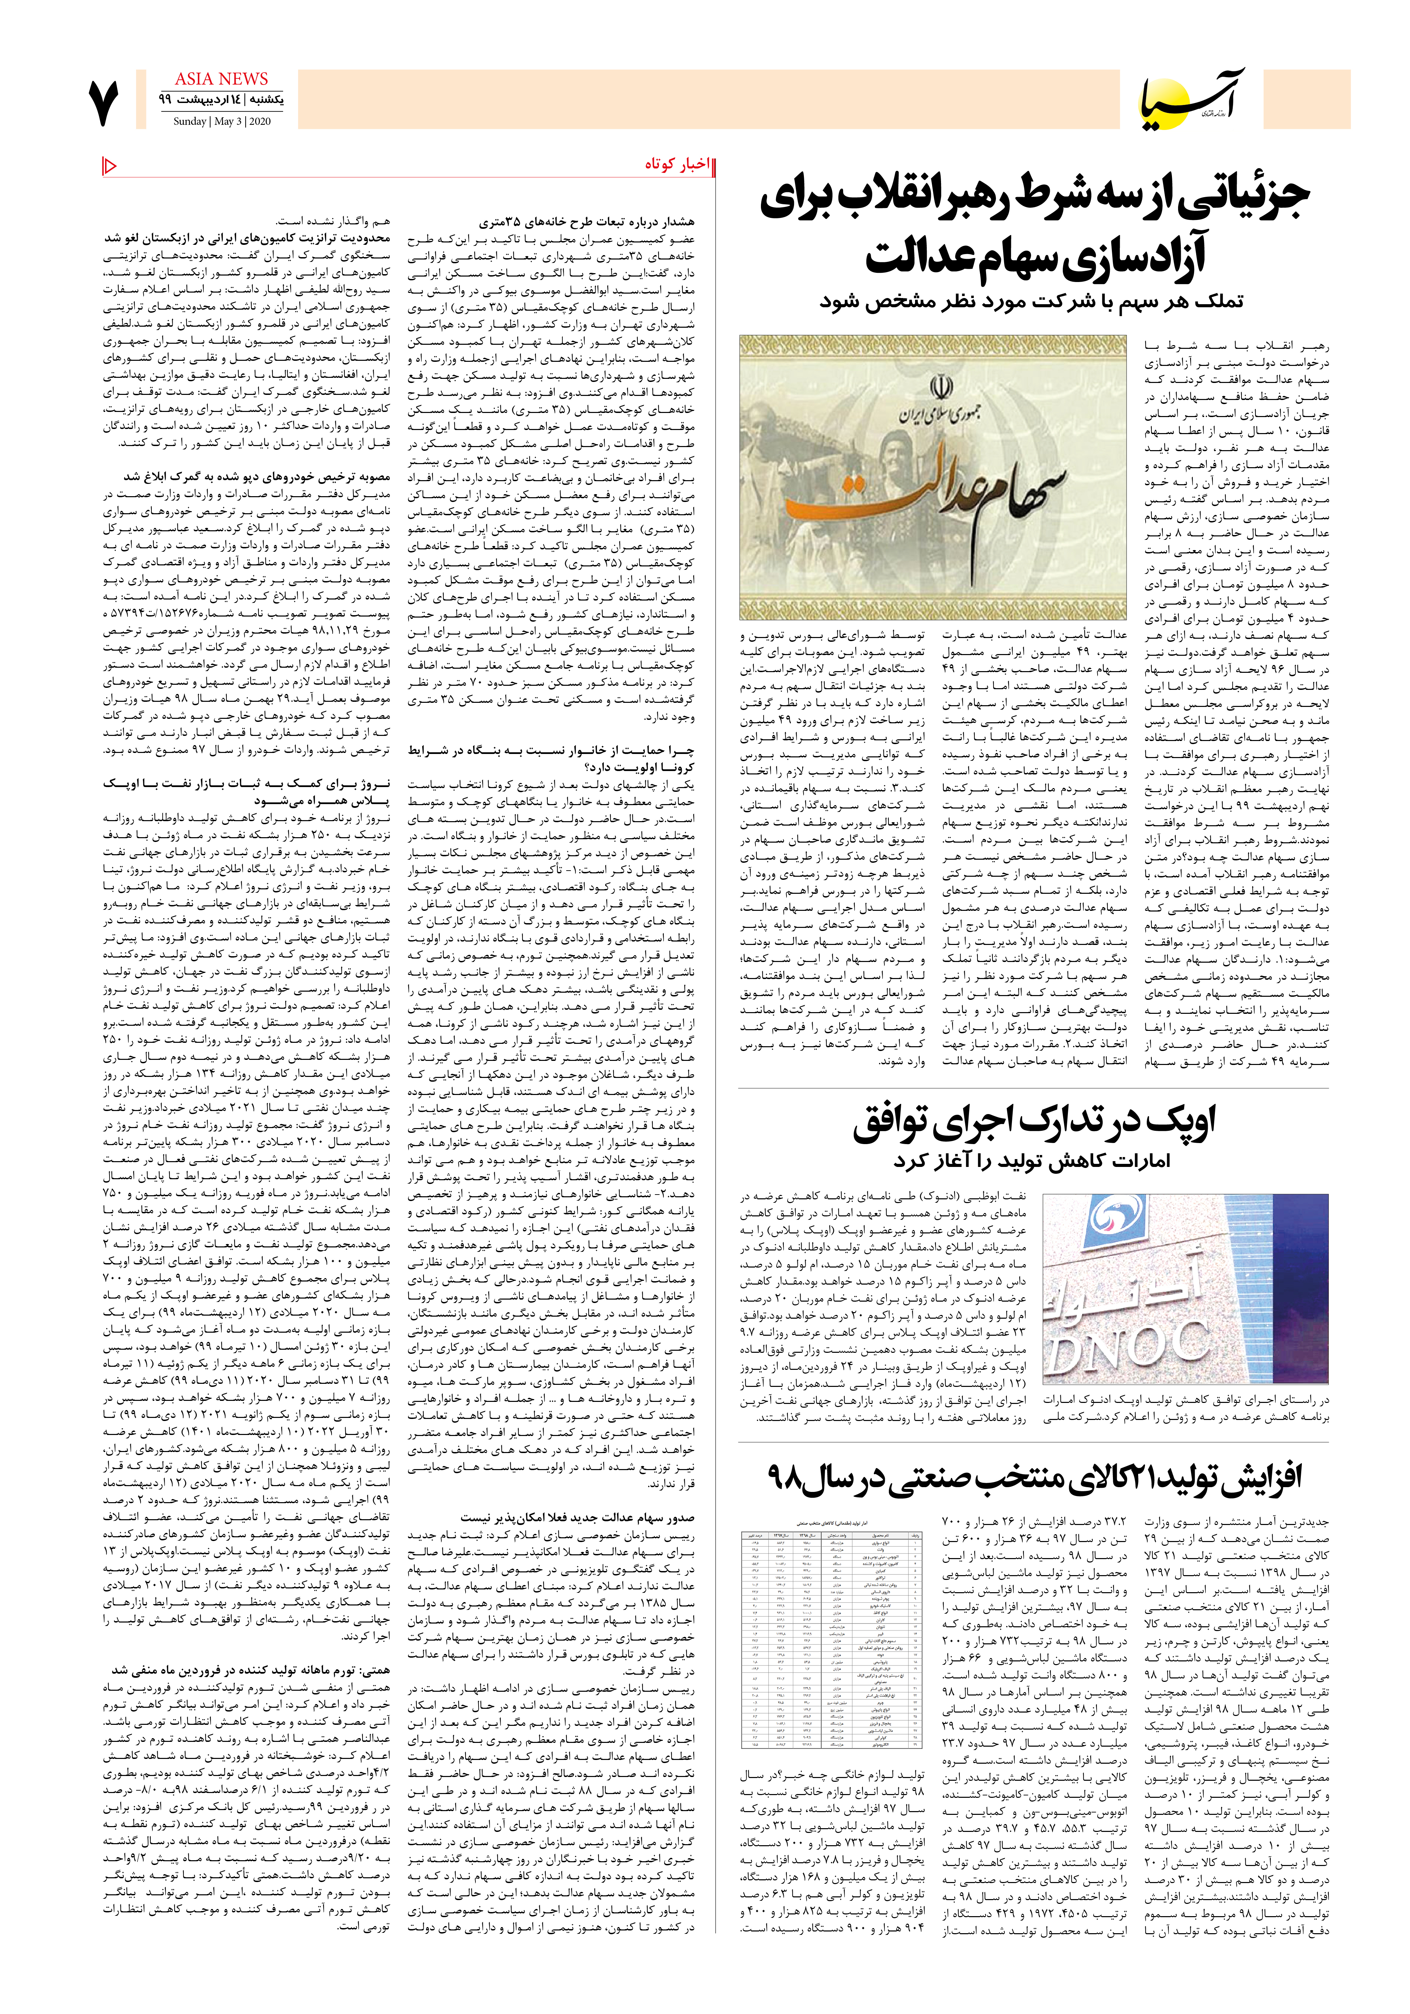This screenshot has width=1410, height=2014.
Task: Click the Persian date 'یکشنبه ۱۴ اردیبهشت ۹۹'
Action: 221,100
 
